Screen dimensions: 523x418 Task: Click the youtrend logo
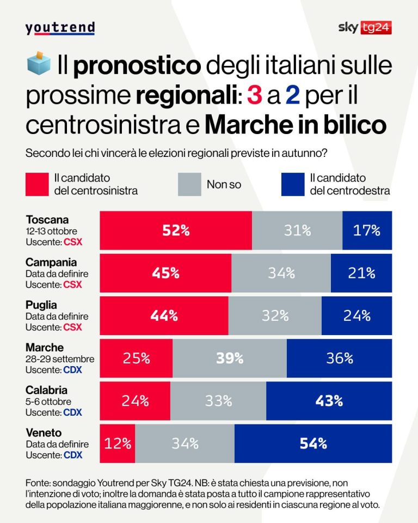60,28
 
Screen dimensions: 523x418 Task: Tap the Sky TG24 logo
365,28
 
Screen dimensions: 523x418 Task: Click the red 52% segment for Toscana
176,230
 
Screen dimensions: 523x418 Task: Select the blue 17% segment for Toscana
367,230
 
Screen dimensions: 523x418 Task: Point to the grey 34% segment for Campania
281,273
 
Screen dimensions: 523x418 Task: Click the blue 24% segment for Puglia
356,315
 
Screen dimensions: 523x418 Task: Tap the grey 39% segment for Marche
230,358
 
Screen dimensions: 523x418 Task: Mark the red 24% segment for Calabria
135,400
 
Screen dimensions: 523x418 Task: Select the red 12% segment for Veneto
118,443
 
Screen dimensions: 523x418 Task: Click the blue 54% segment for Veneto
313,443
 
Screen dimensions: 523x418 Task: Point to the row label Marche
45,348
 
